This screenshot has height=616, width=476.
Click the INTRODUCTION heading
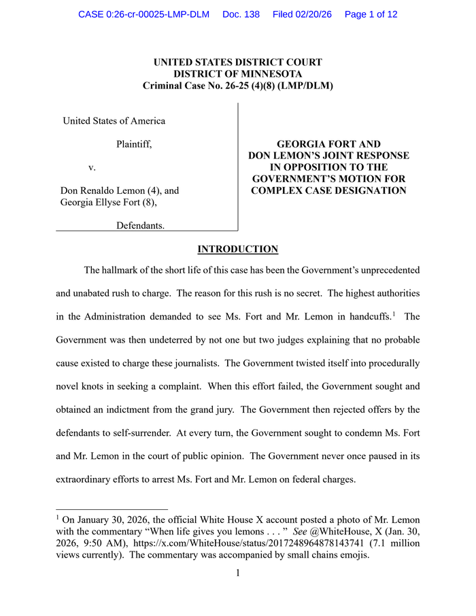237,250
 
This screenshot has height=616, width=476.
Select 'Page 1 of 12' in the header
371,14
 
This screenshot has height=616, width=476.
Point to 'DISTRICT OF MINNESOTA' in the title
237,74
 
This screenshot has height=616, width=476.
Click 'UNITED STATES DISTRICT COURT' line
237,63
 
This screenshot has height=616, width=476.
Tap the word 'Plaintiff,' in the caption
134,144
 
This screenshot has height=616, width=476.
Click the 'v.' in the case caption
92,167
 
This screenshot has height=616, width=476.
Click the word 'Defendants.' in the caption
140,225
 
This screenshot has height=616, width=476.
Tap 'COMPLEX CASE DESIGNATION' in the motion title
328,190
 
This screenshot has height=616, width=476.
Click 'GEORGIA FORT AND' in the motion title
328,144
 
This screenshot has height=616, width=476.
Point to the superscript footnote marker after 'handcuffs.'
395,313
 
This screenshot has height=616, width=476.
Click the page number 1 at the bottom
237,572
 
